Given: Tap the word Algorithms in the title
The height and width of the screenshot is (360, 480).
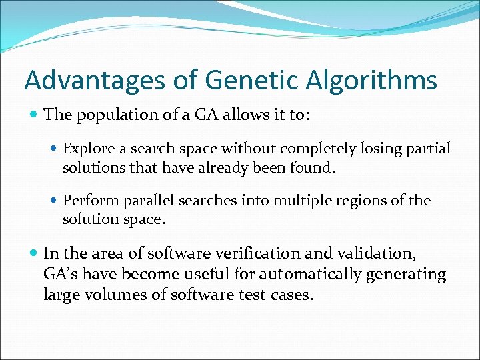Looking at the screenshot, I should pos(371,81).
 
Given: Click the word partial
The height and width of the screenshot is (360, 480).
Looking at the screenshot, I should pos(429,149).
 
